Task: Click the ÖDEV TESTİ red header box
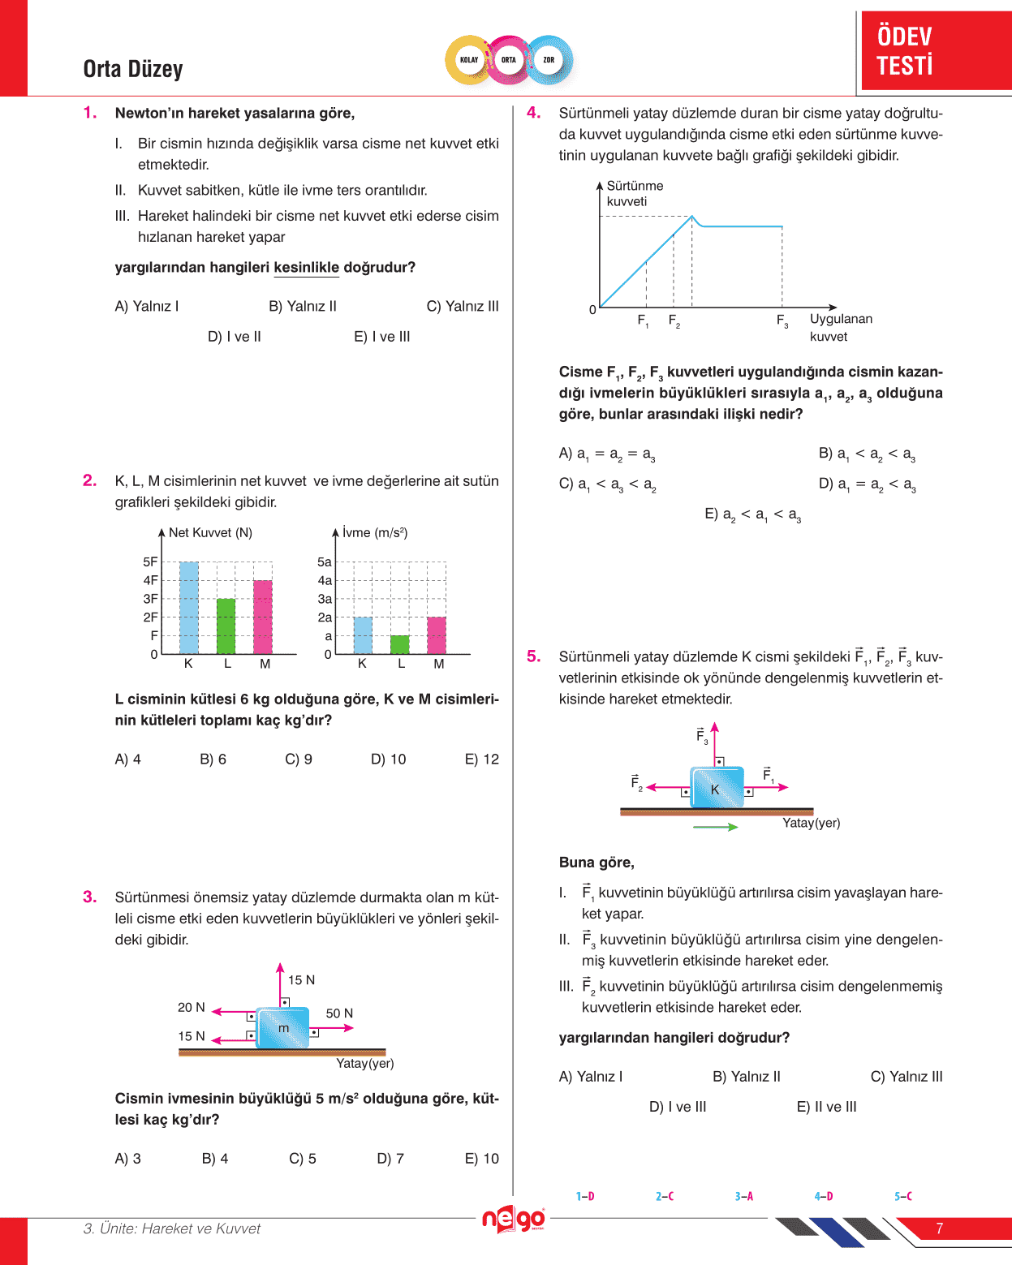coord(935,50)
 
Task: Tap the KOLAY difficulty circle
coord(469,60)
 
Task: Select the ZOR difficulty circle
coord(549,60)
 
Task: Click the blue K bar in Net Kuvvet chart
coord(188,608)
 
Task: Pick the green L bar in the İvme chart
coord(400,644)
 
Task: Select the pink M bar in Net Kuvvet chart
coord(263,617)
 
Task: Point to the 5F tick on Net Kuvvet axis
coord(150,562)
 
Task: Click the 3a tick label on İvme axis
coord(325,599)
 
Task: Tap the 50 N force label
coord(339,1013)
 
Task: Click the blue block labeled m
coord(283,1028)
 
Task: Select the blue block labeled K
coord(717,787)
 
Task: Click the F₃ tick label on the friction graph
coord(782,321)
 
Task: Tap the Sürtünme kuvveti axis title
coord(635,193)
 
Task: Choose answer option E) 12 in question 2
coord(481,759)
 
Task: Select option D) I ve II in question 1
coord(234,337)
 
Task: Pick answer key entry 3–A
coord(743,1196)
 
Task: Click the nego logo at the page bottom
coord(513,1219)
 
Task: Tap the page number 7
coord(939,1228)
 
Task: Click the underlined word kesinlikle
coord(306,268)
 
